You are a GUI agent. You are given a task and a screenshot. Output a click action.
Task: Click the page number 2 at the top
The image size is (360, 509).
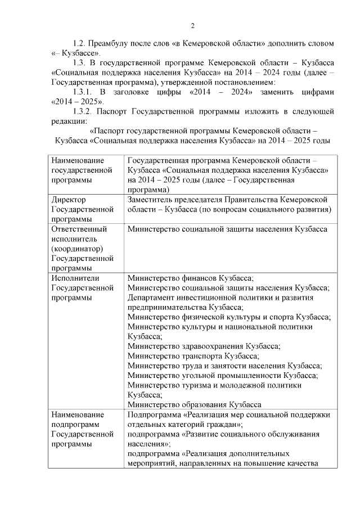coord(192,25)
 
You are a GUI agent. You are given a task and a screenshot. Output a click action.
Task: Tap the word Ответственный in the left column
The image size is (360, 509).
coord(79,229)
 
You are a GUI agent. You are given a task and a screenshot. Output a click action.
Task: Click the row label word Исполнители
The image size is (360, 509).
coord(75,278)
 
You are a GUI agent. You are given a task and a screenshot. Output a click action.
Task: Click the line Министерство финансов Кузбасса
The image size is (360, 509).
coord(191,278)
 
